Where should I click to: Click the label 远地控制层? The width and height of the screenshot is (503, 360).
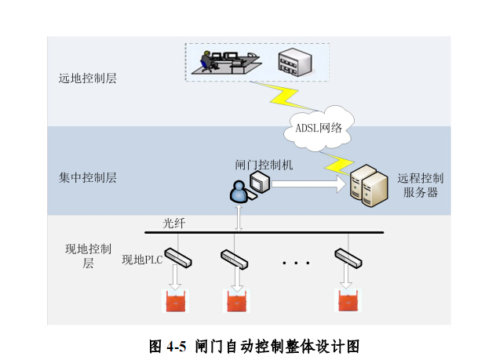click(x=87, y=78)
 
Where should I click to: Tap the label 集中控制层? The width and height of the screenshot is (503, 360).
click(x=87, y=177)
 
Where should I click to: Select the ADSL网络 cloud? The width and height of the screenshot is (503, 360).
click(x=319, y=128)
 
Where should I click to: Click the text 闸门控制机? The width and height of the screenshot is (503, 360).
click(x=264, y=165)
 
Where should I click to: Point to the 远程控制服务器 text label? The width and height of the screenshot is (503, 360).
click(x=421, y=185)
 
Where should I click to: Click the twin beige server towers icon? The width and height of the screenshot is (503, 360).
click(x=368, y=186)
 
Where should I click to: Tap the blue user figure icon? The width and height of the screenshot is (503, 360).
click(x=239, y=191)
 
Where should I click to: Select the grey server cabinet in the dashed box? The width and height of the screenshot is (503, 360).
click(x=295, y=62)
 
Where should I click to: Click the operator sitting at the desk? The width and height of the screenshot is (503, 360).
click(x=206, y=61)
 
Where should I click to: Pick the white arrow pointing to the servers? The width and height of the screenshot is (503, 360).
click(x=308, y=184)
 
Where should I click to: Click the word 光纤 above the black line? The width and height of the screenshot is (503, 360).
click(x=174, y=223)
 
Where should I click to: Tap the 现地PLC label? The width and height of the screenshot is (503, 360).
click(x=142, y=260)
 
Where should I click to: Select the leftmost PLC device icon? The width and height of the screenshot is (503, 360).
click(x=178, y=257)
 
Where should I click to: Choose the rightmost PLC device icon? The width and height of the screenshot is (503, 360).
click(x=348, y=258)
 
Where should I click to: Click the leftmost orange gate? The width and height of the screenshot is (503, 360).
click(x=175, y=301)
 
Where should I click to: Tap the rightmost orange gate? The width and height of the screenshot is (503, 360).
click(x=348, y=300)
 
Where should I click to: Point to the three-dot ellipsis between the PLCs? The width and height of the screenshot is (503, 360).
click(x=296, y=263)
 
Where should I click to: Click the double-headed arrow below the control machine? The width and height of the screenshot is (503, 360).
click(x=239, y=218)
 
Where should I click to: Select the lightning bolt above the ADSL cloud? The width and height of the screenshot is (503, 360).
click(x=284, y=96)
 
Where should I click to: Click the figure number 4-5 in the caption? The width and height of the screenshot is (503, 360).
click(x=176, y=347)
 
